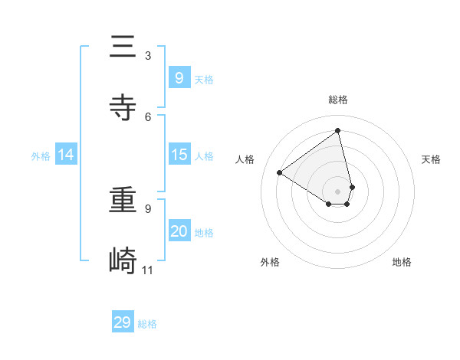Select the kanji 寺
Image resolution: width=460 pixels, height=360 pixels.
(x=123, y=108)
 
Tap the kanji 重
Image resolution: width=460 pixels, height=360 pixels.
(x=123, y=201)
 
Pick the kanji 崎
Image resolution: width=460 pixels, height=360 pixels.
(x=123, y=261)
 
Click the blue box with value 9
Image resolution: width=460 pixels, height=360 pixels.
(x=179, y=77)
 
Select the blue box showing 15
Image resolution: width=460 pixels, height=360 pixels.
(x=179, y=155)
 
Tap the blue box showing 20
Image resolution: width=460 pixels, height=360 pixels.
(x=179, y=231)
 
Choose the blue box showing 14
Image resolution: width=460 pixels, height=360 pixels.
(x=66, y=155)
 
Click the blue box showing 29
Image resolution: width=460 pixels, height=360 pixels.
(x=123, y=322)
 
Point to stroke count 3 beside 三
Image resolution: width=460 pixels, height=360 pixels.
(x=148, y=55)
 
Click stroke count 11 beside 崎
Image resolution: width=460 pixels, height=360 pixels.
(x=148, y=270)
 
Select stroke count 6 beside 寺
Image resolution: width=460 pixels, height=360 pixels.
(x=148, y=116)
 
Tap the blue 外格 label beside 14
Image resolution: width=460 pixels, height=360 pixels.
(x=41, y=155)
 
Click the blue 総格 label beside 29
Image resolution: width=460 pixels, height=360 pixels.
(x=147, y=324)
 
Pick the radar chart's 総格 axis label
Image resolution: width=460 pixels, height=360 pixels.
(x=338, y=100)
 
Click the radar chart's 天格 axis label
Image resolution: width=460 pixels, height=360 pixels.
(x=431, y=159)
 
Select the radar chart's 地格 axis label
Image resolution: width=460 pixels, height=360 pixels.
(x=402, y=262)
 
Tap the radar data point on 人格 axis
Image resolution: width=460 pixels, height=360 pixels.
(x=279, y=172)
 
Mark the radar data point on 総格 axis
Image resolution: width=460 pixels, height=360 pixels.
(x=338, y=130)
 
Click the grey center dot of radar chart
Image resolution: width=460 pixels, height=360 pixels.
(x=338, y=191)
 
